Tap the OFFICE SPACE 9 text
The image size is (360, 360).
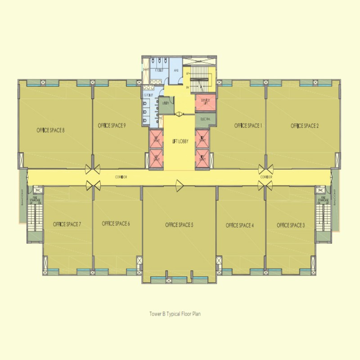click(111, 126)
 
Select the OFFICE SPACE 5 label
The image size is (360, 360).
click(179, 225)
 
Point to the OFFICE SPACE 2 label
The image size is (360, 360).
click(305, 126)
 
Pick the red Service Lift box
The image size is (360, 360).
click(205, 102)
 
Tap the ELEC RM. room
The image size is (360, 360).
click(205, 118)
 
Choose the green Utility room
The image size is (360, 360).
click(165, 104)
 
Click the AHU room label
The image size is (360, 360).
click(176, 71)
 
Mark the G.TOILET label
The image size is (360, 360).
click(149, 95)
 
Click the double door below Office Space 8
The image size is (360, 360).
click(93, 169)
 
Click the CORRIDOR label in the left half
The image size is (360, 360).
click(121, 177)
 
